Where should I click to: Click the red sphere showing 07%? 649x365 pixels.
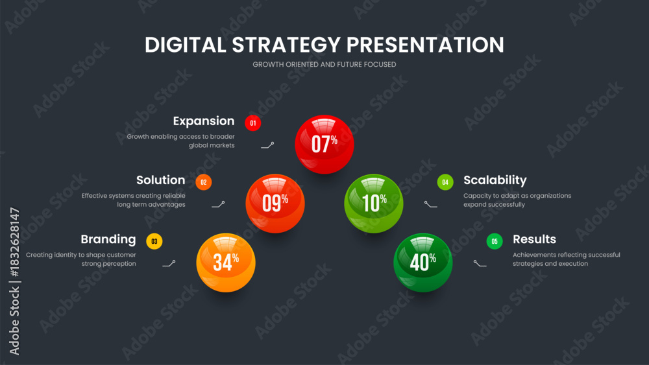coord(324,145)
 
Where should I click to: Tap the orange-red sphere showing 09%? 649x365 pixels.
coord(275,204)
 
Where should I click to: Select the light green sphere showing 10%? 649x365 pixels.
coord(373,204)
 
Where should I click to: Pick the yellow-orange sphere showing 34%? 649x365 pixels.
coord(226,263)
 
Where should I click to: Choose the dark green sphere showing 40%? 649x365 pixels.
coord(422,263)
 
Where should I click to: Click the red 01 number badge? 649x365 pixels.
coord(253,123)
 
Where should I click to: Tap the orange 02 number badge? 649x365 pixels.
coord(204,182)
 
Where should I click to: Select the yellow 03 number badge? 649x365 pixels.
coord(154,241)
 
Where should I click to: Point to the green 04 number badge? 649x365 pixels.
coord(445,182)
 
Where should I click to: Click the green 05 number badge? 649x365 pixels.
coord(495,241)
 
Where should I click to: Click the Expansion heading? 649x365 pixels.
coord(204,121)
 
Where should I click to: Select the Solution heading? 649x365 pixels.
coord(160,180)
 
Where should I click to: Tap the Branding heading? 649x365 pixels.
coord(108,239)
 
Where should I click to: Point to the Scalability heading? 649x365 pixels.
coord(495,180)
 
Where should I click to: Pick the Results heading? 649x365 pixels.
coord(534,239)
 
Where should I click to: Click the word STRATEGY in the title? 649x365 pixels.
coord(286,45)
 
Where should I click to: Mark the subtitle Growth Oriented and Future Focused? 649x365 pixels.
coord(324,64)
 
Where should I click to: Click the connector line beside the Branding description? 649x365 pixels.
coord(169,264)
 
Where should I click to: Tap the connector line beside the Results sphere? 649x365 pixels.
coord(480,264)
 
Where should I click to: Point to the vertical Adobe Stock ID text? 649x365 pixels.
coord(14,281)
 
